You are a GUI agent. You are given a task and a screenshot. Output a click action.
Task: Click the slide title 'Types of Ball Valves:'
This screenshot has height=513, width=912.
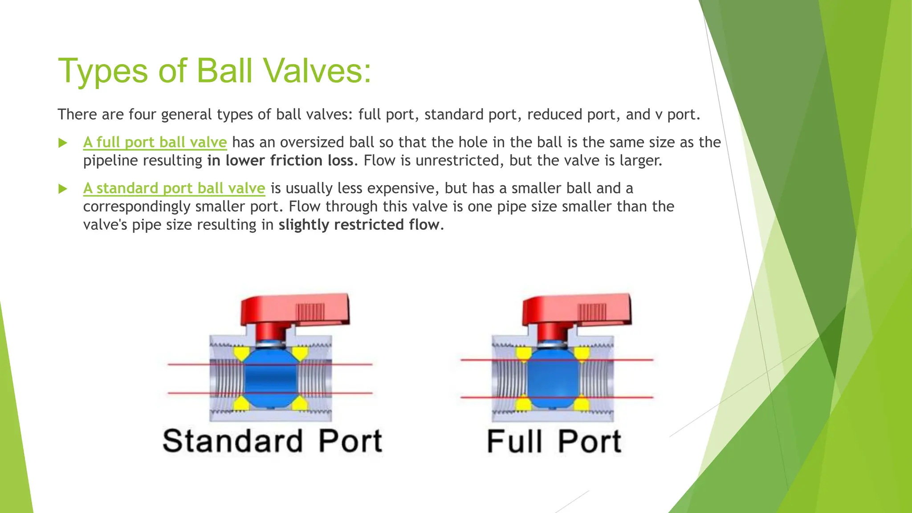pos(214,71)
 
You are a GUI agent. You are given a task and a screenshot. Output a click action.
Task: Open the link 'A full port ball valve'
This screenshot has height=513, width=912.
pos(155,142)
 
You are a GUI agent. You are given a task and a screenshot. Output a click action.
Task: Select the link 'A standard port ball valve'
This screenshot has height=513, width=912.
pos(174,188)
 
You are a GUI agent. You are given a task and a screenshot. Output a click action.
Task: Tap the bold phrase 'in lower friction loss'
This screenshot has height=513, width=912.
pos(281,161)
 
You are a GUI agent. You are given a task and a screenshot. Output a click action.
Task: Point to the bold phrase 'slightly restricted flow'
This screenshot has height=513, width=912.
pos(359,225)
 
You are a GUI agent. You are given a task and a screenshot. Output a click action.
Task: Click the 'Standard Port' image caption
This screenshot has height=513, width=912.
pos(272,441)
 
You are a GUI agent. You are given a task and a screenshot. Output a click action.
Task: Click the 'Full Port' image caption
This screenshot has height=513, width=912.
pos(554,441)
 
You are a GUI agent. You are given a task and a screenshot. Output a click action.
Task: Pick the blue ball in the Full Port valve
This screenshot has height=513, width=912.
pos(552,379)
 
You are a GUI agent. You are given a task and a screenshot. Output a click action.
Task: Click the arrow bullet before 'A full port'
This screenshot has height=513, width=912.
pos(63,143)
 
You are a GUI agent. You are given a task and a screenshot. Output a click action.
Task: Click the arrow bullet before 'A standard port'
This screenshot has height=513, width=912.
pos(63,189)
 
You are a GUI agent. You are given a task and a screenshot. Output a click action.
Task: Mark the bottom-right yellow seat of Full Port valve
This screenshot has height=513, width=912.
pos(582,404)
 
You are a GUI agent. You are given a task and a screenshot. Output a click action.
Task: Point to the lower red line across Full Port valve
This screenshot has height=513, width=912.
pos(476,397)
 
